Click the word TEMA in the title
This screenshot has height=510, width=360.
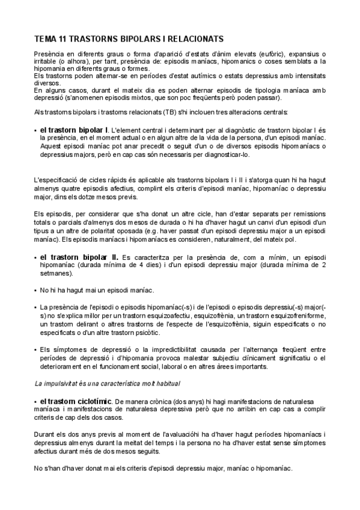(44, 38)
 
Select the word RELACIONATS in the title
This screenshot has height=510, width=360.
(195, 38)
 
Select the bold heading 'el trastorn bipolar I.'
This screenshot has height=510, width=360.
(75, 129)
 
